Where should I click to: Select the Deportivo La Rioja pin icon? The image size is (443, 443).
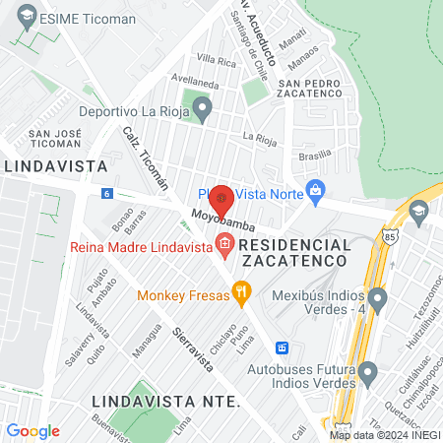(203, 108)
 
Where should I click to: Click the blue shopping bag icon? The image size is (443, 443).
(315, 190)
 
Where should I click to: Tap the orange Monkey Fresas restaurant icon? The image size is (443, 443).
(239, 291)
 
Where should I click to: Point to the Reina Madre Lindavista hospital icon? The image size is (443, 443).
(224, 243)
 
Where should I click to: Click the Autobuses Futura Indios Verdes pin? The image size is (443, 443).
(368, 372)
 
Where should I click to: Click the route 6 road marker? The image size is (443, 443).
(105, 194)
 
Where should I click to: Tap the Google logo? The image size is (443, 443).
(32, 431)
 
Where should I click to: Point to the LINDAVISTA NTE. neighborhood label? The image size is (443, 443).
(165, 402)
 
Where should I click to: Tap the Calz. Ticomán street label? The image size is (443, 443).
(145, 158)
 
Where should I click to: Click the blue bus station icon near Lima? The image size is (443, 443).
(282, 348)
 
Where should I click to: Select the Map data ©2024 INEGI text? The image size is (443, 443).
(385, 435)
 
